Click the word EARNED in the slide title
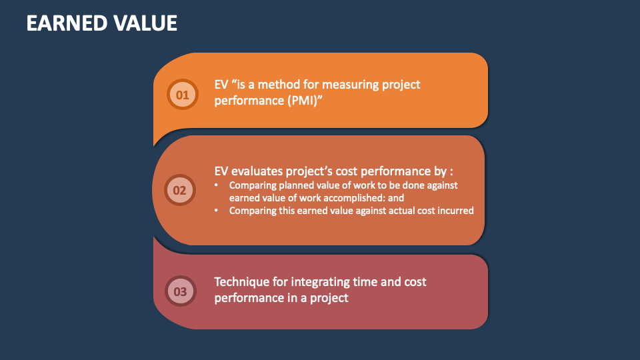click(65, 23)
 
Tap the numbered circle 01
click(182, 94)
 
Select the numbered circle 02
click(180, 191)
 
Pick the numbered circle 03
click(180, 291)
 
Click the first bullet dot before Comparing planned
click(217, 185)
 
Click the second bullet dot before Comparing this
click(217, 211)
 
